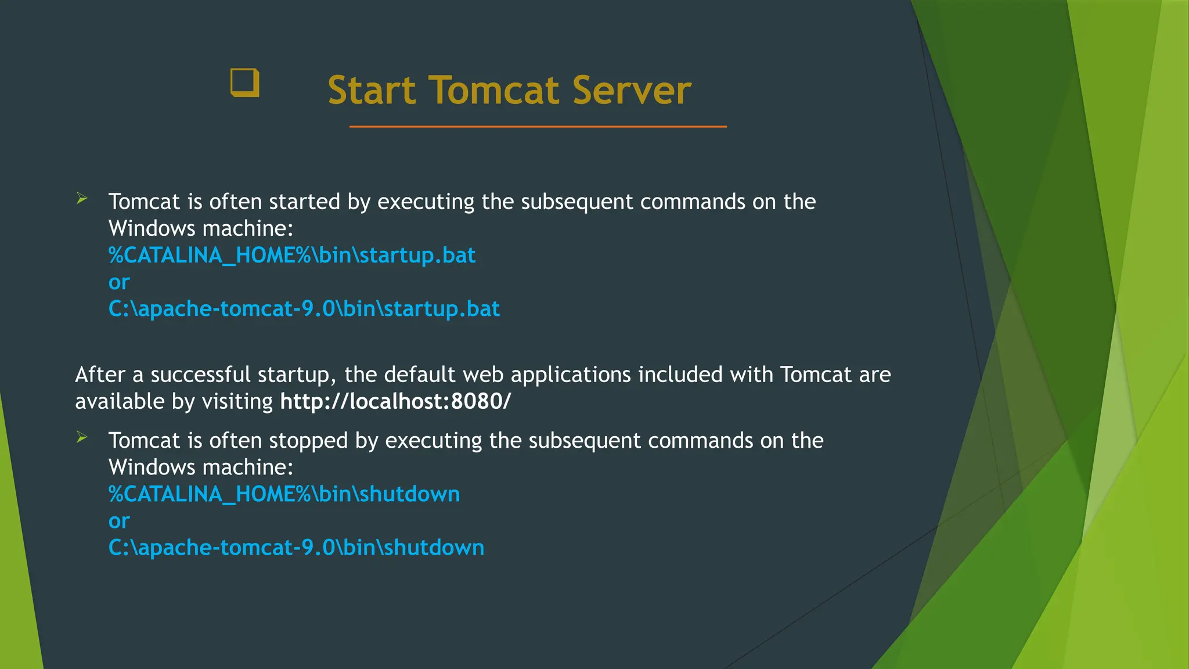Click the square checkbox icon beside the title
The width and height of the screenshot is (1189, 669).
(x=244, y=83)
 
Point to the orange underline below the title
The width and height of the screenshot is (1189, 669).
(x=538, y=126)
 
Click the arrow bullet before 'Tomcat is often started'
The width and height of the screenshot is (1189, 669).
(x=82, y=199)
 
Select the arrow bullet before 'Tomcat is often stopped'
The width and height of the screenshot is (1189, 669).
(x=82, y=438)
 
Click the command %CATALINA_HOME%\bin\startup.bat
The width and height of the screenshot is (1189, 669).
(x=292, y=256)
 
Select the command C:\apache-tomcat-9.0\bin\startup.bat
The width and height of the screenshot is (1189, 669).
(x=304, y=309)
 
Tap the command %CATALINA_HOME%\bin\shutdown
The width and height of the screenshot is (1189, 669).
(x=284, y=494)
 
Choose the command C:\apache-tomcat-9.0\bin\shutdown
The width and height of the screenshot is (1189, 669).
(x=296, y=548)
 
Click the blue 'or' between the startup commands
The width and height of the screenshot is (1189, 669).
(x=119, y=282)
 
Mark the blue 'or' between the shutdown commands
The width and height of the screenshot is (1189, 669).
(x=119, y=521)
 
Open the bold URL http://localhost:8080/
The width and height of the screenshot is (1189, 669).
(x=395, y=401)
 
